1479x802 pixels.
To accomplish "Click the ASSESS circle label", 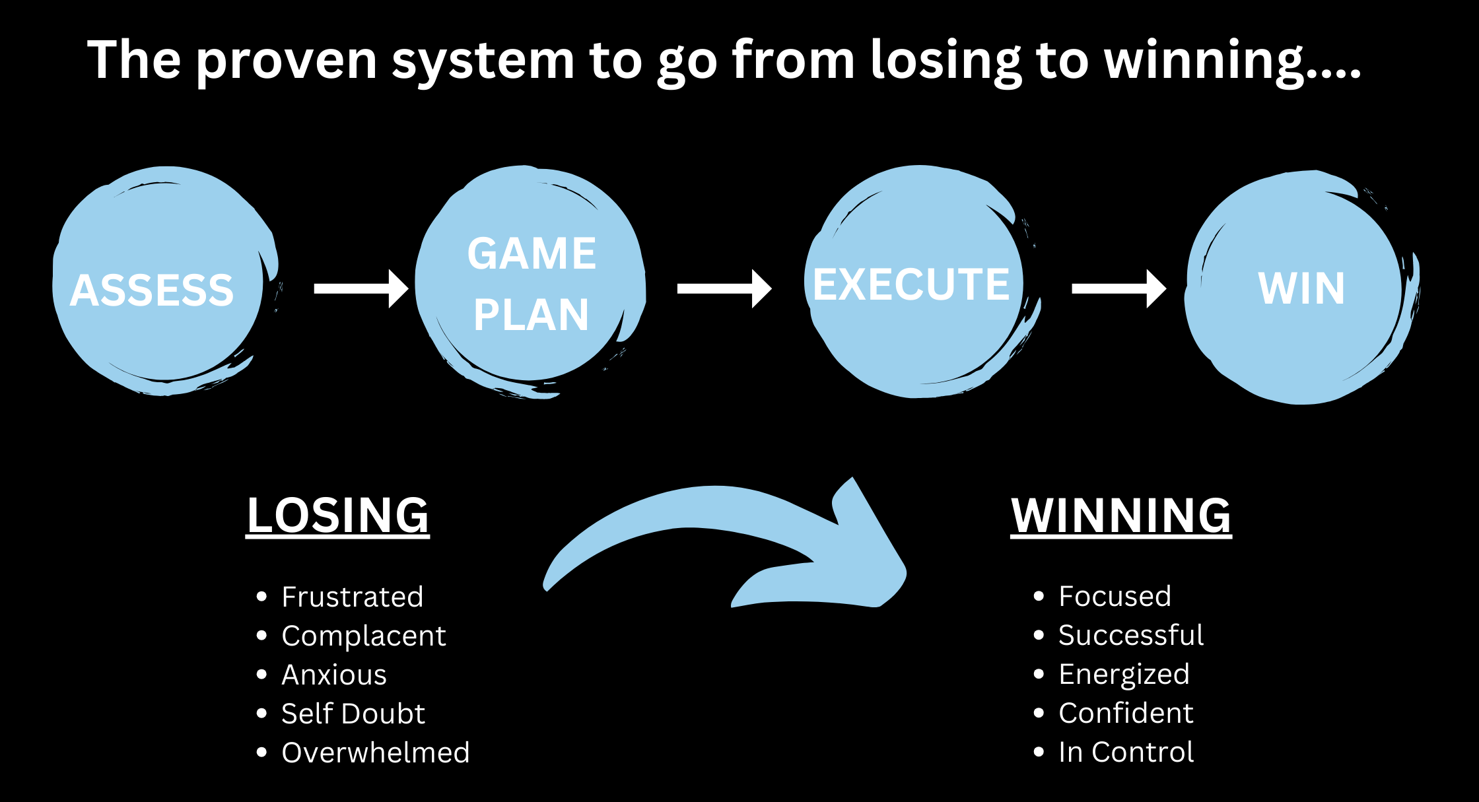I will click(x=152, y=290).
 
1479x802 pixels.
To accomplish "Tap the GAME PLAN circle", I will click(x=532, y=284).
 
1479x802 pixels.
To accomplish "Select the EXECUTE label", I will click(x=911, y=284).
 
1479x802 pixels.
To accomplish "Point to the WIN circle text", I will click(x=1301, y=288).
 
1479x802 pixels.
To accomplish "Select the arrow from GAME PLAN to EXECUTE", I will click(x=724, y=288).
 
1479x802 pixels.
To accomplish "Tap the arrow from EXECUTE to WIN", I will click(x=1118, y=288).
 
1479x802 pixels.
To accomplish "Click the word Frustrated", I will click(x=352, y=597).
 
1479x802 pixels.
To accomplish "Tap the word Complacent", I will click(x=364, y=636).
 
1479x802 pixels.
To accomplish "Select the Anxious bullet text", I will click(x=334, y=675).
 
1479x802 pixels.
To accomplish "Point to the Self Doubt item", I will click(x=353, y=714).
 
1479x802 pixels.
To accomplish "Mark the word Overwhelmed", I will click(x=376, y=752).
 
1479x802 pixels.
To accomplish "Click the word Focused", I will click(x=1115, y=596).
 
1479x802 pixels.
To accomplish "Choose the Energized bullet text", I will click(x=1124, y=674).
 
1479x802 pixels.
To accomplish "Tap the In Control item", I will click(x=1126, y=752).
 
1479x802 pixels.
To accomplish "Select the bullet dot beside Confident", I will click(x=1039, y=713).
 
